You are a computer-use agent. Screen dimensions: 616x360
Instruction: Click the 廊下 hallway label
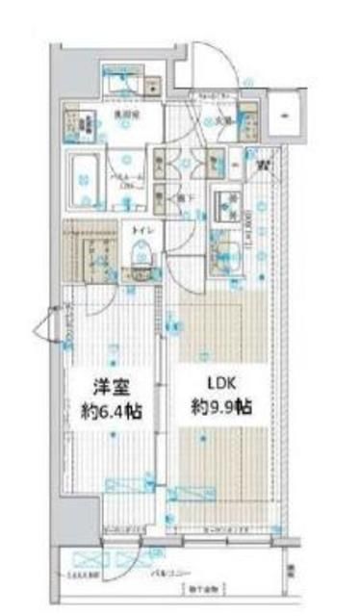point(182,197)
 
